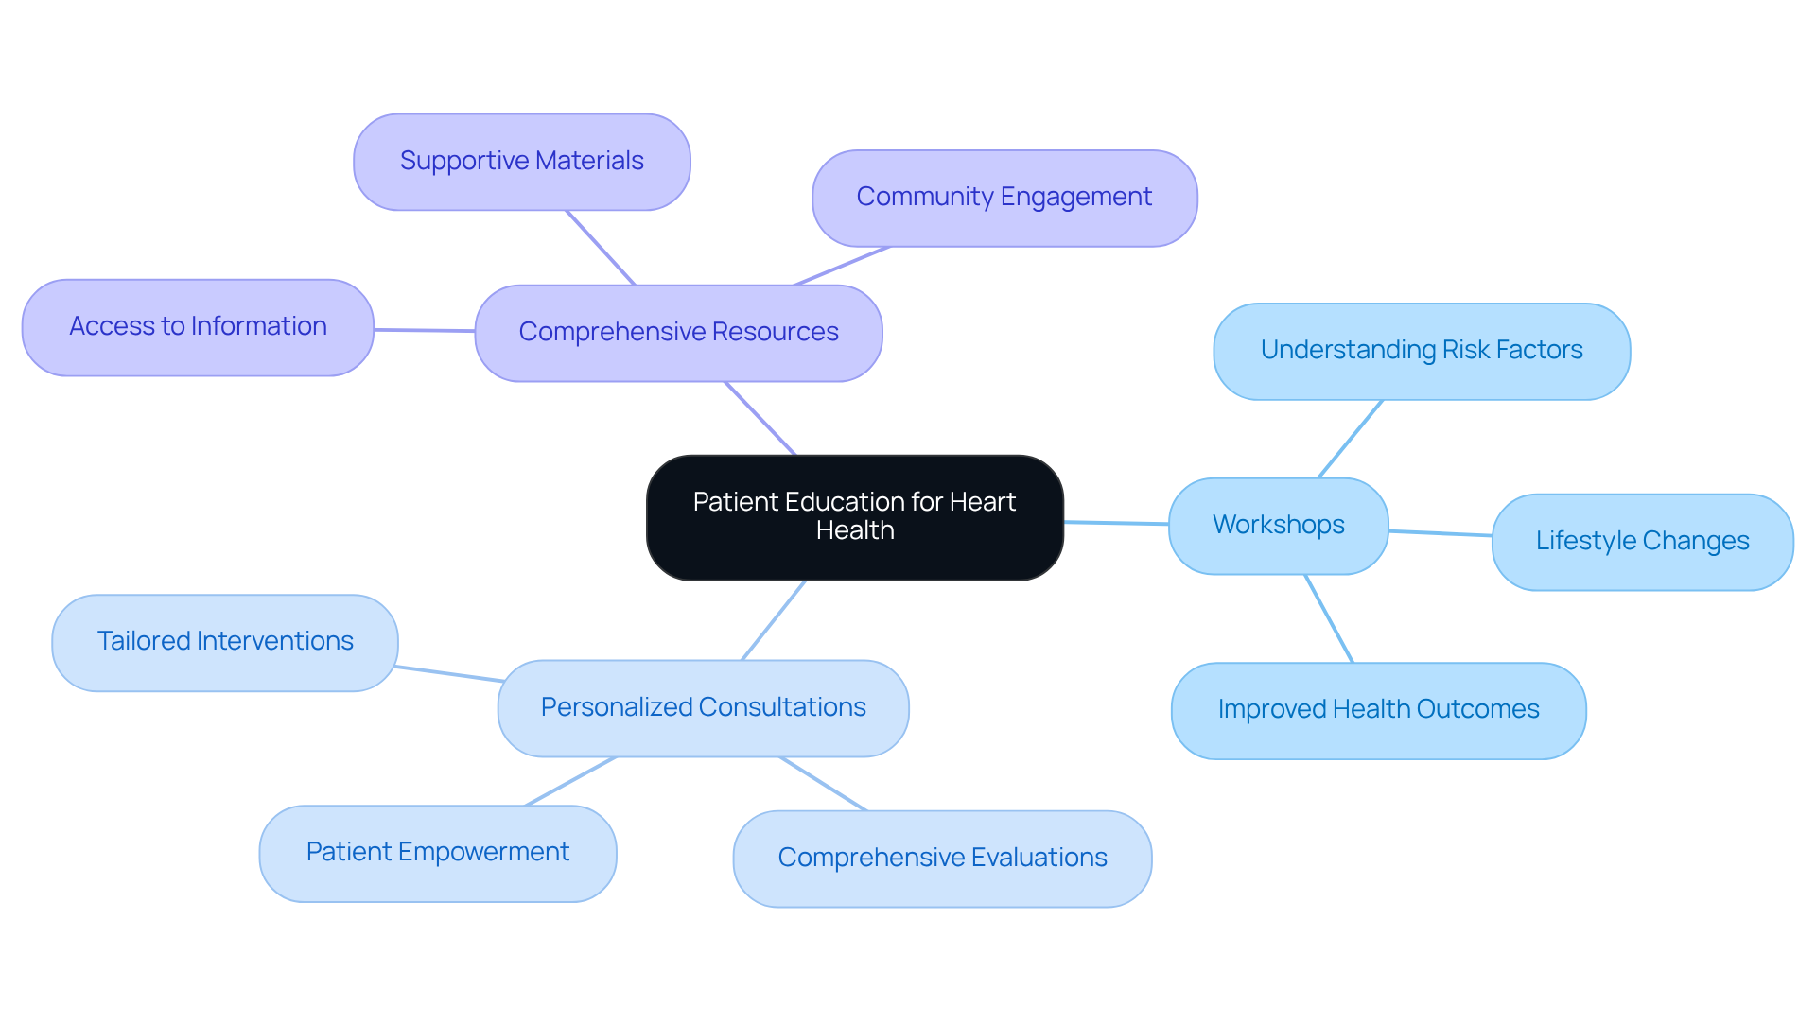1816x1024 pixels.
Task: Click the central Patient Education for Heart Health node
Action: [x=854, y=517]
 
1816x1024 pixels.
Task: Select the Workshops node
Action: [x=1278, y=526]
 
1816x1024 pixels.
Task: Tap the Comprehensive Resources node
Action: [x=678, y=333]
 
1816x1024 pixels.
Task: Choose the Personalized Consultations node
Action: [x=703, y=708]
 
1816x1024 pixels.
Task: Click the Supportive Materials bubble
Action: [x=521, y=162]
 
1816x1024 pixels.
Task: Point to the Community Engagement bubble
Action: [x=1004, y=198]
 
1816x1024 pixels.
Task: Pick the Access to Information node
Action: [x=198, y=327]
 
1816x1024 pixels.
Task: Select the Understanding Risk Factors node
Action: [x=1421, y=351]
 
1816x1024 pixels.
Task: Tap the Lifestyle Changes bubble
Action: [x=1642, y=542]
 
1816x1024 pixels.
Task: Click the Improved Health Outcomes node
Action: [x=1378, y=710]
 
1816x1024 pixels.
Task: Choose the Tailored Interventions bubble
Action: [x=225, y=642]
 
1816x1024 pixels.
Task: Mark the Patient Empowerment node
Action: [x=438, y=853]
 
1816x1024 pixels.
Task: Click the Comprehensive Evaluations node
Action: [x=942, y=859]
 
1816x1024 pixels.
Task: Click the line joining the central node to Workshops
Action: [x=1116, y=523]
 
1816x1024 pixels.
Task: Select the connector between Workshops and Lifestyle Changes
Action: [x=1440, y=534]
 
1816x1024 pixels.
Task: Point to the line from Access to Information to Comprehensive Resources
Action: [x=424, y=330]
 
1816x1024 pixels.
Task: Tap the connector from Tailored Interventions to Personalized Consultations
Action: [x=448, y=673]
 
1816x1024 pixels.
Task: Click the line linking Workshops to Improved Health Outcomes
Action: [x=1329, y=618]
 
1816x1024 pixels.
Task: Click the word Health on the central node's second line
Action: [x=855, y=531]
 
